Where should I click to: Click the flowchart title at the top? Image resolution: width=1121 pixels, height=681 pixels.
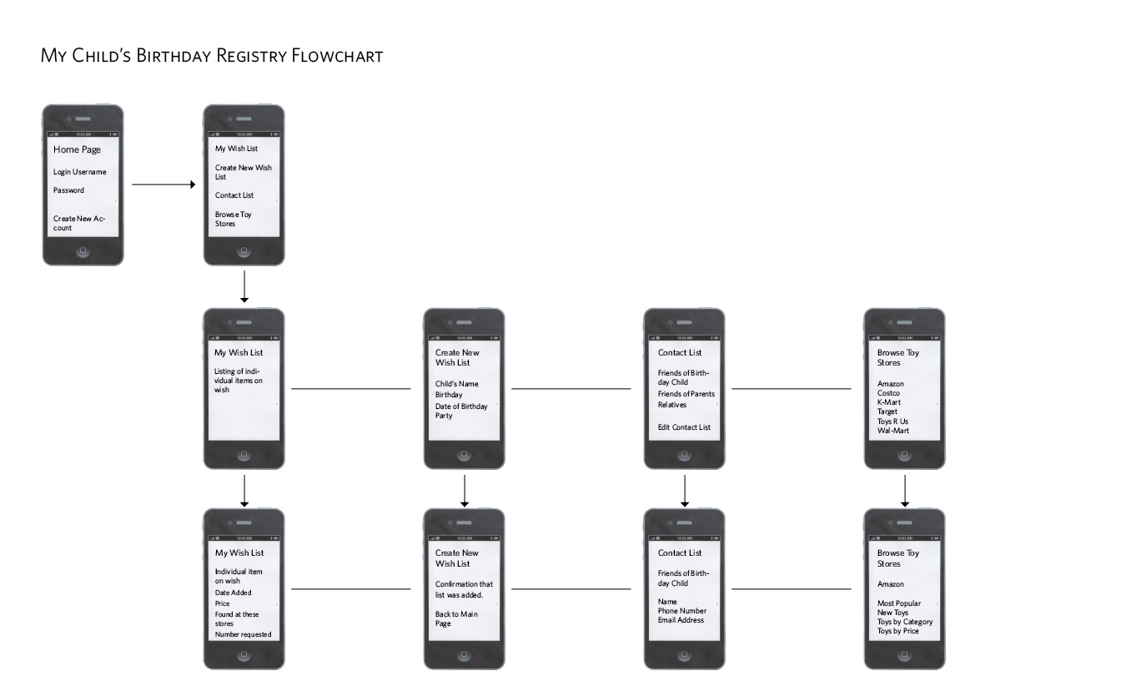point(212,57)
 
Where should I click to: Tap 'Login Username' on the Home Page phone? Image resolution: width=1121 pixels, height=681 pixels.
point(80,172)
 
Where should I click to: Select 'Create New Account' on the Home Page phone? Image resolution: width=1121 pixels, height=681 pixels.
point(79,223)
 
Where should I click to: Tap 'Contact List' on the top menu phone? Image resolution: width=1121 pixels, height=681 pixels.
point(234,195)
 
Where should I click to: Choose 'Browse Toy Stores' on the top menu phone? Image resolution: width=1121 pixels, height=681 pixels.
point(234,219)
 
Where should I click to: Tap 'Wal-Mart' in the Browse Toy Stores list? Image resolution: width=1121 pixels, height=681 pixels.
point(893,431)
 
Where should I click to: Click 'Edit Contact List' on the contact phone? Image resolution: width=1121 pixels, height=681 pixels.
point(684,427)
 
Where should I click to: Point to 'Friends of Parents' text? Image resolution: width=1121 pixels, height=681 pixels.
point(686,394)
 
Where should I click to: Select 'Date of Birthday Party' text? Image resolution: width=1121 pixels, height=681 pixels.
point(461,411)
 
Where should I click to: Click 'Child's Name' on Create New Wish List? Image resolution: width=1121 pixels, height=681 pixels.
point(457,384)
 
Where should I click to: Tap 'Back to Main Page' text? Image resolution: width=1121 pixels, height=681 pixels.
point(456,618)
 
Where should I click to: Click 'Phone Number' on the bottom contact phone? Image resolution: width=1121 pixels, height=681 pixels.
point(682,611)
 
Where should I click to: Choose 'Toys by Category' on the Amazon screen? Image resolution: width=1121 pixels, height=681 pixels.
point(905,622)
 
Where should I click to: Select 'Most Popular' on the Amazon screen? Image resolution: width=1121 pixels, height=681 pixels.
point(899,603)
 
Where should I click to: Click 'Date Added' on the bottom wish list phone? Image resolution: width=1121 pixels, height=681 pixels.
point(234,593)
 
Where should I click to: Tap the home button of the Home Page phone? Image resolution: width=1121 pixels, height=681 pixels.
point(83,251)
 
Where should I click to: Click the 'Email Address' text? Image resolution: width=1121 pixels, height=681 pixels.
point(681,620)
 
